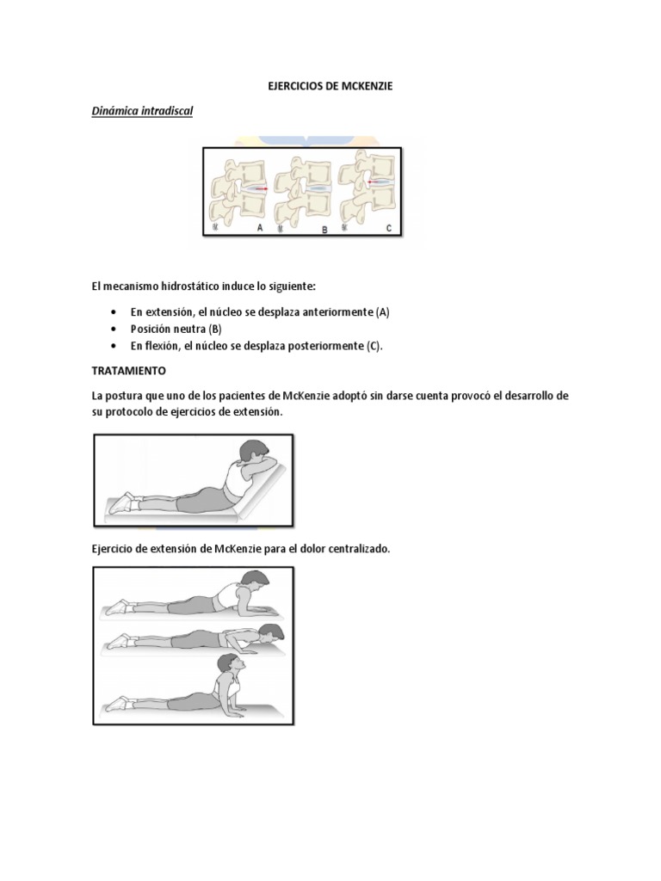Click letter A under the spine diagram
tap(259, 227)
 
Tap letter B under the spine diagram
tap(324, 230)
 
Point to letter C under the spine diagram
tap(388, 228)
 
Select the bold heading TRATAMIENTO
tap(134, 371)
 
